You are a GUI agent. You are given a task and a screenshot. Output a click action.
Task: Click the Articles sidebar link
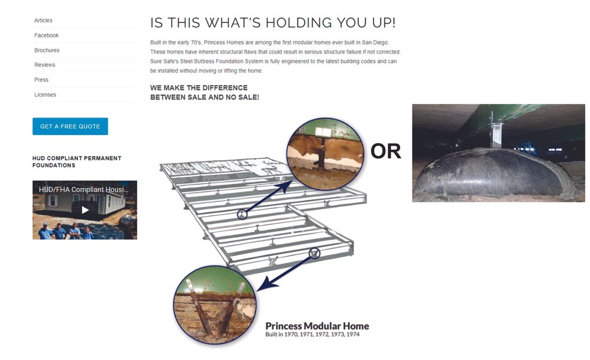coord(43,20)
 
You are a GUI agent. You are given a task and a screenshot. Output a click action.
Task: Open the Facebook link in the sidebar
coord(46,35)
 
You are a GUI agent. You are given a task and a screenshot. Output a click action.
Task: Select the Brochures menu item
coord(47,50)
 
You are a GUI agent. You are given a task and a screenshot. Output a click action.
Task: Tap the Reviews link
coord(45,65)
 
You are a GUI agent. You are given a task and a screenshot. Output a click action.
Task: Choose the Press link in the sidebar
coord(41,80)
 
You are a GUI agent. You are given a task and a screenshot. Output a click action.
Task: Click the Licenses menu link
coord(45,94)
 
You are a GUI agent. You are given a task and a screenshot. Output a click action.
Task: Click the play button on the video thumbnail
coord(85,210)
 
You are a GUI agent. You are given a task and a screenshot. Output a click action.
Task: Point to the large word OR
coord(386,151)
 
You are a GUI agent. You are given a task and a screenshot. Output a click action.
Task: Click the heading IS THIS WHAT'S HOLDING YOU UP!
coord(273,22)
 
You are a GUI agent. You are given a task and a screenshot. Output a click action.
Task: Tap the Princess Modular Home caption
coord(317,326)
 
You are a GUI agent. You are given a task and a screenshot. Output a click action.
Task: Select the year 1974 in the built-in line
coord(353,335)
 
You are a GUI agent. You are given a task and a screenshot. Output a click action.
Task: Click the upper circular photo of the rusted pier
coord(325,153)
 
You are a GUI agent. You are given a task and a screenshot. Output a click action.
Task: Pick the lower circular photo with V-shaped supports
coord(215,305)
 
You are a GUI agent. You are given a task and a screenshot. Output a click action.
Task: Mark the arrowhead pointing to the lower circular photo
coord(265,284)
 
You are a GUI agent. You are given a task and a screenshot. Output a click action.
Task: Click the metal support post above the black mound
coord(496,130)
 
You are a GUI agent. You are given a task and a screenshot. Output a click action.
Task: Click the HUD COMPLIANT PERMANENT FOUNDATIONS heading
coord(77,162)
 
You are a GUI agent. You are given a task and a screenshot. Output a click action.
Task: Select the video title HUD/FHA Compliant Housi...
coord(84,189)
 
